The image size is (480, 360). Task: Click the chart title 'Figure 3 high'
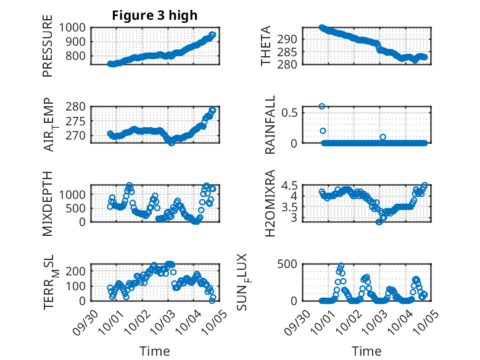coord(154,15)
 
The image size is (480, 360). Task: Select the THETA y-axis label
coord(266,46)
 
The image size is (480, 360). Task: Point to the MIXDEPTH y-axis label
coord(48,203)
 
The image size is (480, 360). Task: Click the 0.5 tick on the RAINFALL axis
coord(291,112)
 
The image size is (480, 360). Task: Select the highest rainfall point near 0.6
coord(322,106)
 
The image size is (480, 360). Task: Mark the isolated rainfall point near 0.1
coord(383,137)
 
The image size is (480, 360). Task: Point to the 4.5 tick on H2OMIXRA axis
coord(291,185)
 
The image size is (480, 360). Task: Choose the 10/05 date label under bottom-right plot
coord(426,321)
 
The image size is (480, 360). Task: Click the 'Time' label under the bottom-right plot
coord(366,351)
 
